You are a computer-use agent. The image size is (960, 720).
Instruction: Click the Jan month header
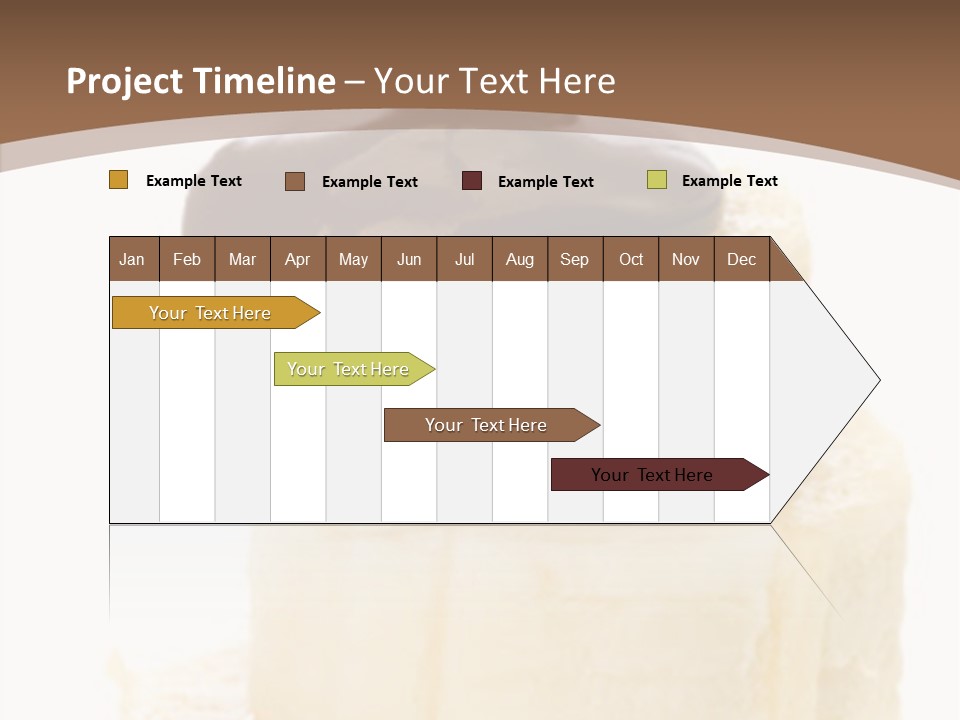tap(133, 259)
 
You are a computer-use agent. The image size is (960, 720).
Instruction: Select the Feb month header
tap(187, 259)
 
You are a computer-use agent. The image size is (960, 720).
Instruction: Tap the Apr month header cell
tap(298, 259)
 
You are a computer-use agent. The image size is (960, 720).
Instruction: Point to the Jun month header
tap(409, 259)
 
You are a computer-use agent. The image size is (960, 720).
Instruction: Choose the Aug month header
tap(520, 259)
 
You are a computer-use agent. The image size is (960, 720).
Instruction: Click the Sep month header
tap(575, 259)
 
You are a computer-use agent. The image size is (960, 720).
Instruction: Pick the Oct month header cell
tap(631, 259)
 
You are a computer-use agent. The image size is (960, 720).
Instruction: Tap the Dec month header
tap(742, 259)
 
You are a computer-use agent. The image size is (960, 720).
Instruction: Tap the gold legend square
tap(119, 180)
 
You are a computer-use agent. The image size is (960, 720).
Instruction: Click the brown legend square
tap(295, 181)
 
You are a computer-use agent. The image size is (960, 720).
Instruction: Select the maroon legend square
tap(472, 181)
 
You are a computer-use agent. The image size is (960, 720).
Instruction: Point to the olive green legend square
tap(657, 180)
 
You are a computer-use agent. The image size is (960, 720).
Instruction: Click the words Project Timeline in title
tap(201, 81)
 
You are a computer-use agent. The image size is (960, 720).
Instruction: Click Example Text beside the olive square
tap(729, 180)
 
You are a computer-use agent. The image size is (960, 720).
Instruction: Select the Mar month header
tap(242, 259)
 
